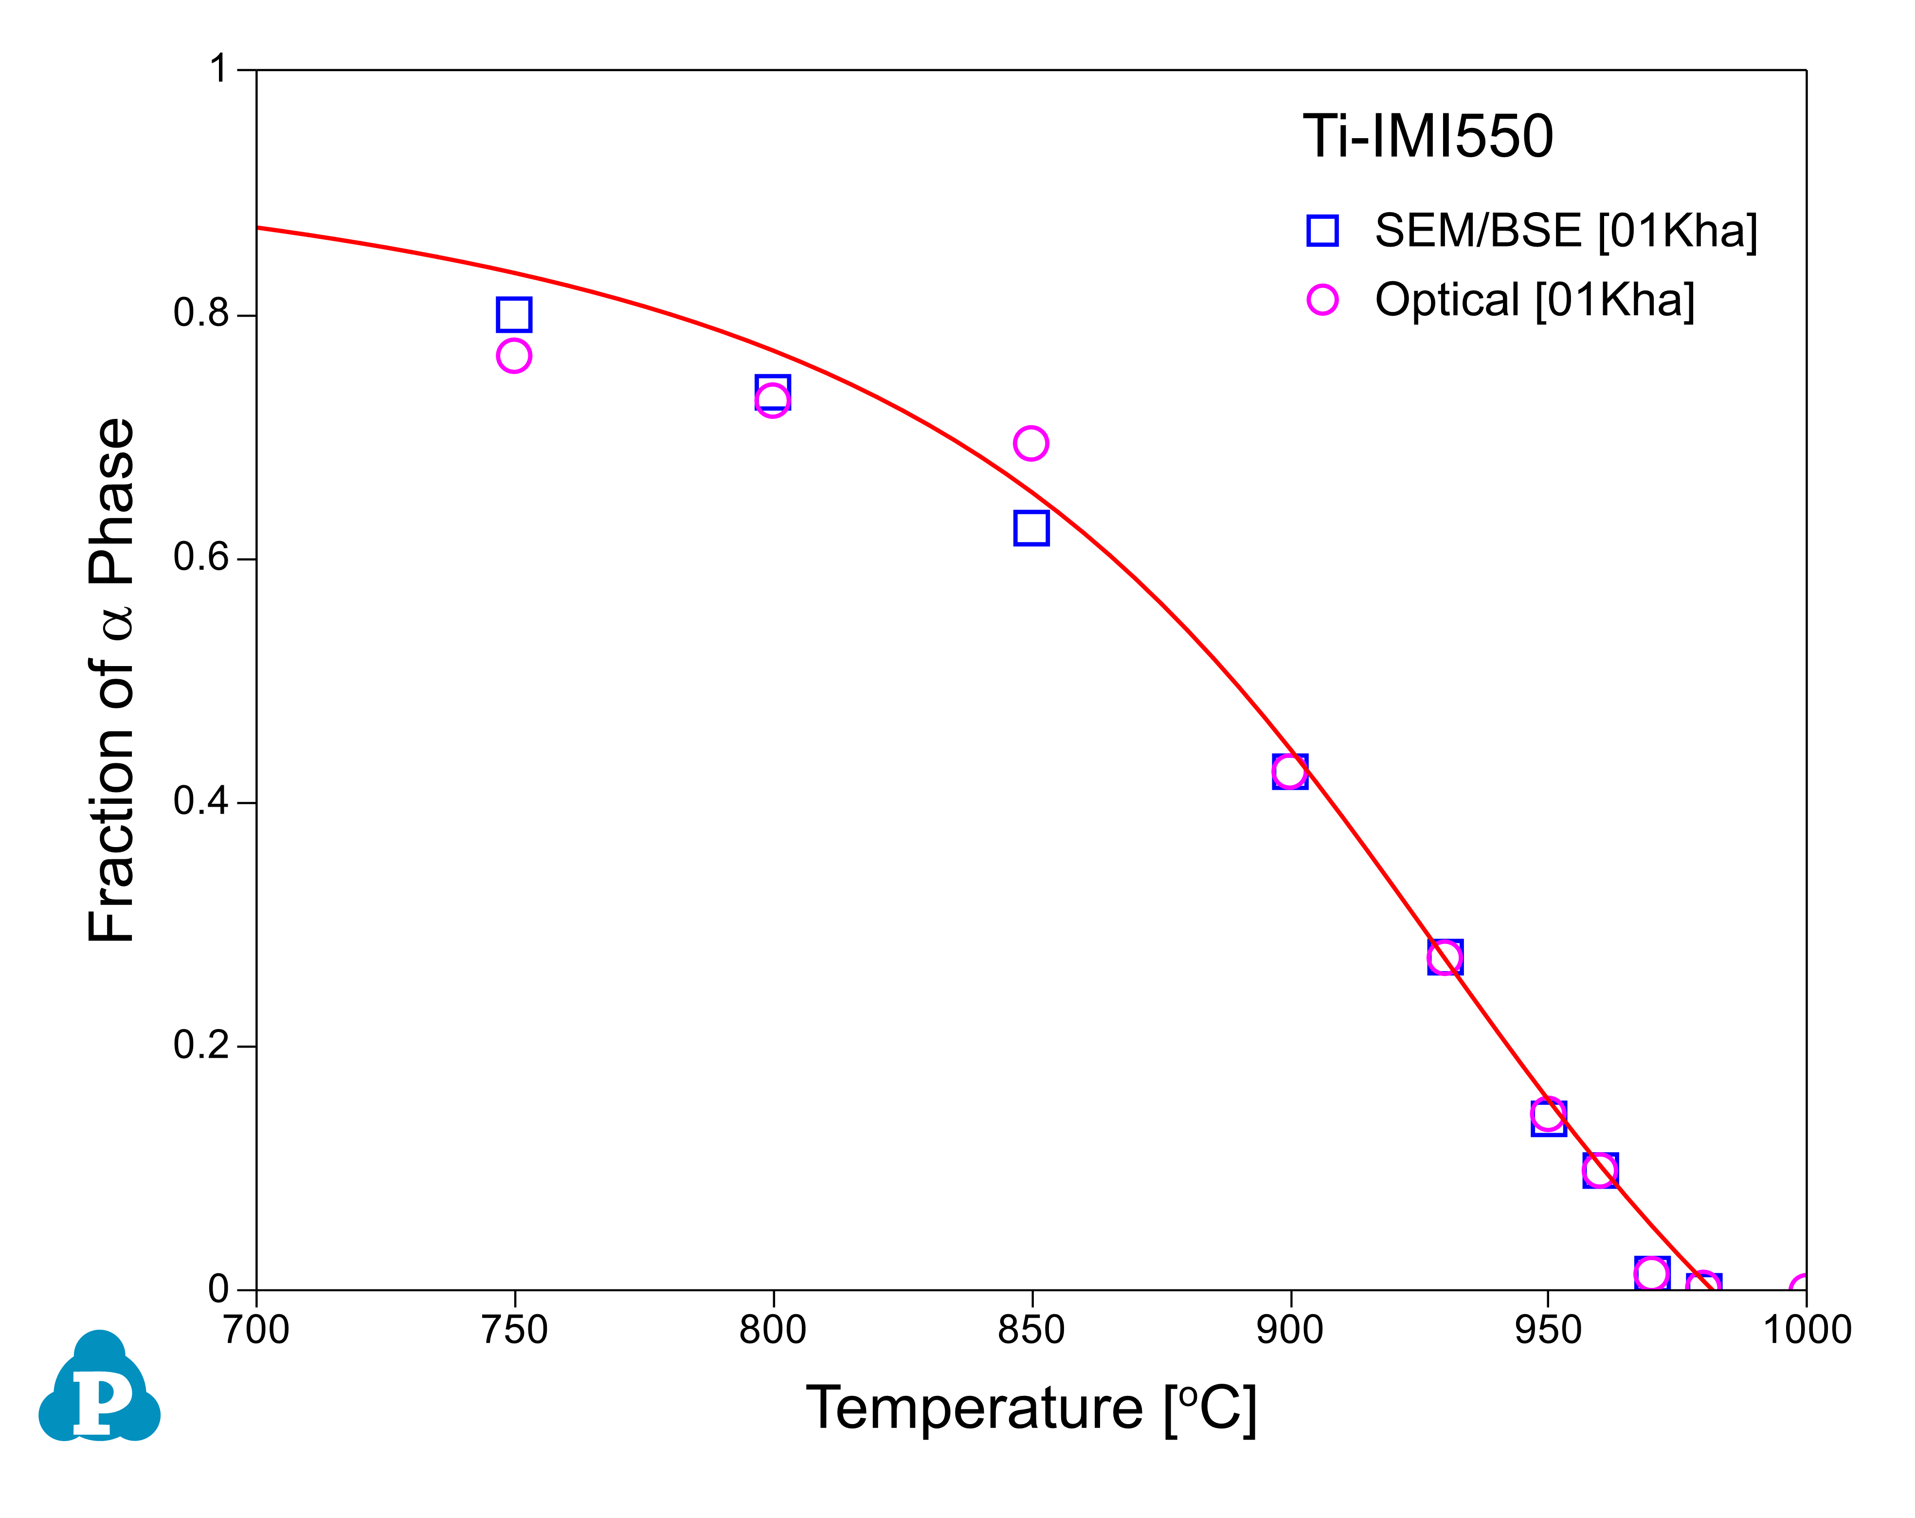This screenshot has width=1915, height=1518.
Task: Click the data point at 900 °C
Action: (x=1290, y=772)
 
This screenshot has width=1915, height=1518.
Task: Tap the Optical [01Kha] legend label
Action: (x=1534, y=300)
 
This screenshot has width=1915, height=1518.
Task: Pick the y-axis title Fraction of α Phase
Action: (x=113, y=680)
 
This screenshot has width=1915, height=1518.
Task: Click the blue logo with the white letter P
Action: (x=99, y=1388)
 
